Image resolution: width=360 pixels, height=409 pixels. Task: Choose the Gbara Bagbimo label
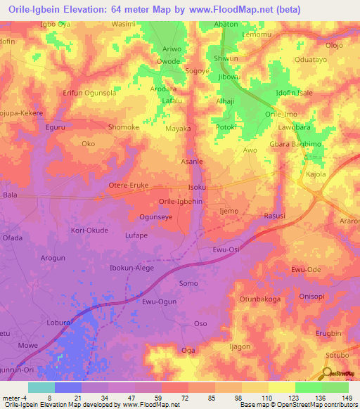(290, 144)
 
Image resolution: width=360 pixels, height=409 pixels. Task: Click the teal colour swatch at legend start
(41, 387)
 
